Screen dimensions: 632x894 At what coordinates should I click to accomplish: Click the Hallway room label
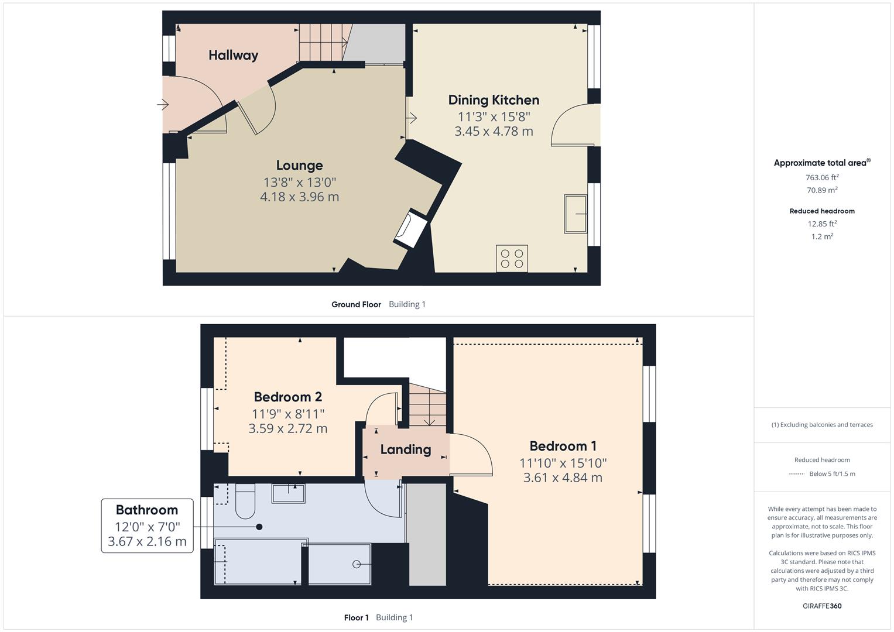tap(233, 56)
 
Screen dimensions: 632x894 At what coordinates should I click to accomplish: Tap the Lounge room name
tap(299, 166)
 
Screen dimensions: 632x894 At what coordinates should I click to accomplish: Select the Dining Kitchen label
tap(494, 100)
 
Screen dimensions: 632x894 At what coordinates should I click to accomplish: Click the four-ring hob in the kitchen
tap(512, 259)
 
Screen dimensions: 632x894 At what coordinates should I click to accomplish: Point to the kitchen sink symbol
tap(576, 214)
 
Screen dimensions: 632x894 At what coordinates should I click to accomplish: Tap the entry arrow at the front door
tap(163, 105)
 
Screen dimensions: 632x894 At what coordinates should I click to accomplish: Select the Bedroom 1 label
tap(563, 446)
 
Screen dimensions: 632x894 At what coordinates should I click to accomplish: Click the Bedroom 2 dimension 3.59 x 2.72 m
tap(287, 428)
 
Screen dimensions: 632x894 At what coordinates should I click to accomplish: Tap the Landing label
tap(405, 449)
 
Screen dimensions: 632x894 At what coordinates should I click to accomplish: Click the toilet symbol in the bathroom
tap(245, 502)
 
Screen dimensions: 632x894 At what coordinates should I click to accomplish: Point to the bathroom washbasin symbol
tap(288, 493)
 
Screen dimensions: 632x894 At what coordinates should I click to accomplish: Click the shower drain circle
tap(357, 564)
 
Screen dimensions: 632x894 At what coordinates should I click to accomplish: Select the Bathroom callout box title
tap(146, 510)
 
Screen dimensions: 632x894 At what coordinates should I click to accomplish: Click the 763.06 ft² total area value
tap(822, 177)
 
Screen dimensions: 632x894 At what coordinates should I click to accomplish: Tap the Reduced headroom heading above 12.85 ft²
tap(822, 211)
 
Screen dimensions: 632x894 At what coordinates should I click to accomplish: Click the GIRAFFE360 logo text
tap(822, 606)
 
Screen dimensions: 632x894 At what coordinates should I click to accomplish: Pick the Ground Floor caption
tap(356, 304)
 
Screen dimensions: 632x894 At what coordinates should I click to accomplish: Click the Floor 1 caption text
tap(356, 617)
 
